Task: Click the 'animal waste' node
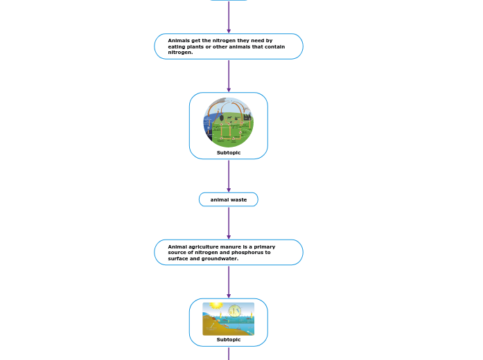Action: point(229,199)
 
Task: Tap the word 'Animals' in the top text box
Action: point(179,41)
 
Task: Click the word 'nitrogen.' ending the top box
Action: point(180,53)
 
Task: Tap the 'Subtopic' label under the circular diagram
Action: point(229,152)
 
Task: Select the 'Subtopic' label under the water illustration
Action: point(229,340)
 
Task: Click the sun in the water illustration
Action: point(216,305)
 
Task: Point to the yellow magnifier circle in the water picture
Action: point(235,311)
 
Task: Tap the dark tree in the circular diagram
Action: point(221,117)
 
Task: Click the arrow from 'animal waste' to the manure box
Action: point(229,223)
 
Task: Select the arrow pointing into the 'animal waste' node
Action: point(229,176)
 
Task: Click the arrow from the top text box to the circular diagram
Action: point(229,75)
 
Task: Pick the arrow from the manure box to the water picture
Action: point(229,282)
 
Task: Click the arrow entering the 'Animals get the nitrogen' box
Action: point(229,17)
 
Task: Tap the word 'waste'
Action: point(238,199)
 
